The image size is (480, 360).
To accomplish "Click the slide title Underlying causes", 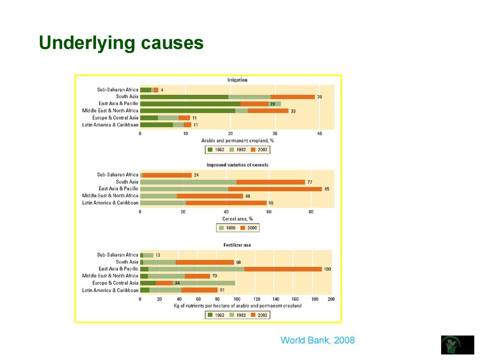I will (x=121, y=43).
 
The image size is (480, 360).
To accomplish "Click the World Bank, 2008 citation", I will (x=317, y=340).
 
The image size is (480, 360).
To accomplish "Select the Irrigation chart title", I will (x=237, y=80).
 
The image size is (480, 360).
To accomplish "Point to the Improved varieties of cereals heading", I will (x=237, y=165).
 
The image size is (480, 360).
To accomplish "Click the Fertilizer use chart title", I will (x=237, y=245).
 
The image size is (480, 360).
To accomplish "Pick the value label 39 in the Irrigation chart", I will (x=319, y=97).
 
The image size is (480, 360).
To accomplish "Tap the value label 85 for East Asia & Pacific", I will (x=327, y=189).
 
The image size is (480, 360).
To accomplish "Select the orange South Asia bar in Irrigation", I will (x=292, y=97).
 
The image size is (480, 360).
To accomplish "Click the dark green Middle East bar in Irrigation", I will (x=187, y=111).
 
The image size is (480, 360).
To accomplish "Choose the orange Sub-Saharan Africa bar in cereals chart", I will (x=167, y=175).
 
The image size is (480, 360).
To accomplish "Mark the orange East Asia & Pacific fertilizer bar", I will (x=283, y=269).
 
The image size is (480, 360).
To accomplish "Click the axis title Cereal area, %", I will (x=237, y=219).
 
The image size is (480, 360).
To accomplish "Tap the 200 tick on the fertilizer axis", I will (x=331, y=299).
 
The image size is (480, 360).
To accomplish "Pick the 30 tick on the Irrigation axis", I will (x=274, y=134).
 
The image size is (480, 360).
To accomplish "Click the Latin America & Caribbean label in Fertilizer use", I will (x=110, y=290).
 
